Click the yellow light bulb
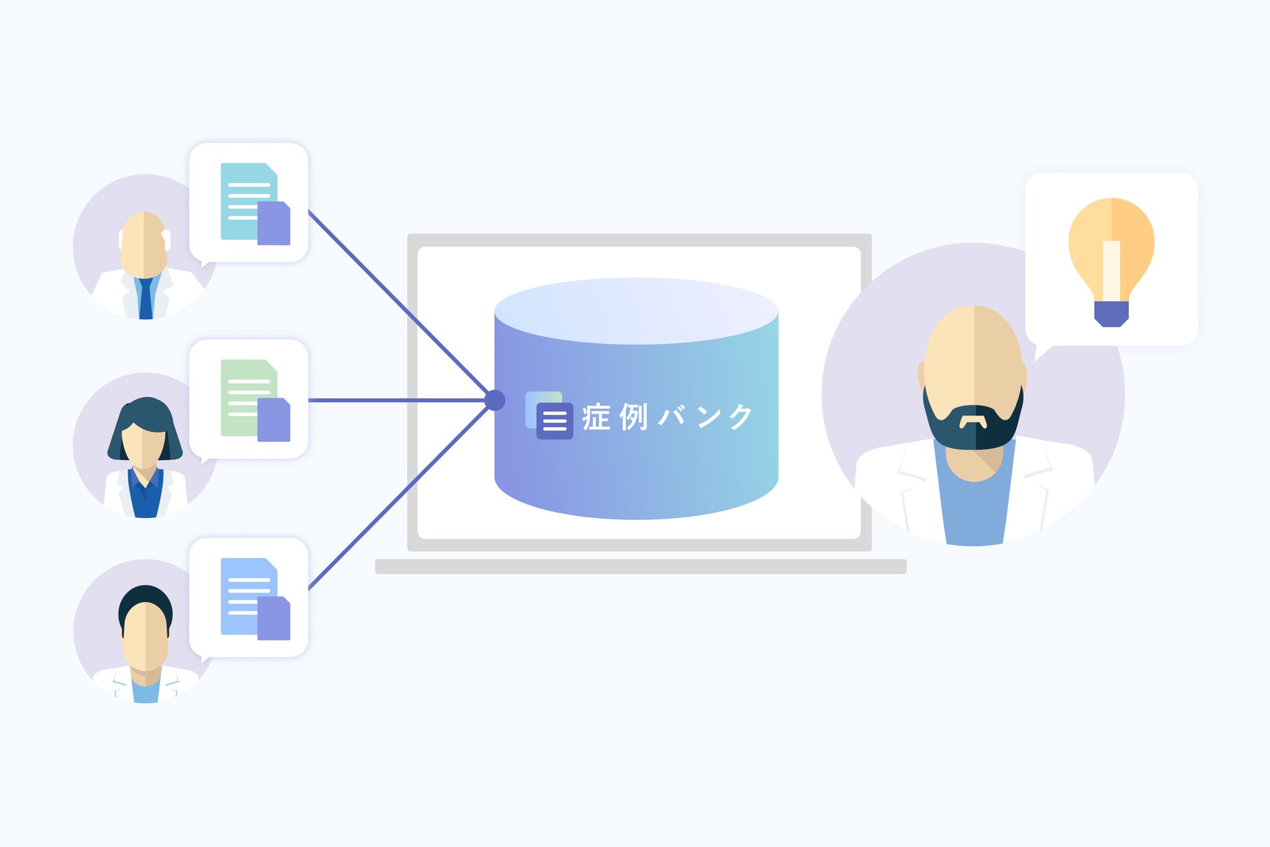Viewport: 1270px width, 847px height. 1111,248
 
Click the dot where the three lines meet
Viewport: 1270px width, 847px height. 495,400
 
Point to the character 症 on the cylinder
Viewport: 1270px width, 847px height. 596,418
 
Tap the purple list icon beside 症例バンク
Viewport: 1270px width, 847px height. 554,421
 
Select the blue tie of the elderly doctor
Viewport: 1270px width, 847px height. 146,299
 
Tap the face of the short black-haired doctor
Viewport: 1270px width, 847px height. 145,635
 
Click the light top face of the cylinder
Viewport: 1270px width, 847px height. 636,310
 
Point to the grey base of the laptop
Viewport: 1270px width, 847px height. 640,566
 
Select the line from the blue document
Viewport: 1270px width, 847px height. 397,499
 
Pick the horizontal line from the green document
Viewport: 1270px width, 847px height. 397,400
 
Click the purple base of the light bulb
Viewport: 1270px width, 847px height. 1111,314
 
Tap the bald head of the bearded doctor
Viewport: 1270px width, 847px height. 974,339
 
